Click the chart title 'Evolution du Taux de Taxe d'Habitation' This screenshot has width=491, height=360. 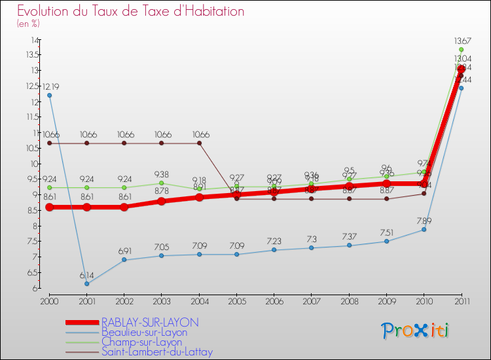[131, 11]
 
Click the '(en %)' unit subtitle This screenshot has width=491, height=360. [28, 24]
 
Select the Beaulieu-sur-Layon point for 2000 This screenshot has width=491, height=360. [49, 96]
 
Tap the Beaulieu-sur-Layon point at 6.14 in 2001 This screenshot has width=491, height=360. [86, 283]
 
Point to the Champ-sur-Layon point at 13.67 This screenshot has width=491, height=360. [461, 50]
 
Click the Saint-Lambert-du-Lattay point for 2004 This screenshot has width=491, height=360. [199, 143]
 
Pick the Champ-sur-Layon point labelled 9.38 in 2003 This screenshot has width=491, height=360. [162, 183]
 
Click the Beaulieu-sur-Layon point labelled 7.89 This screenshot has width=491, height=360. [424, 229]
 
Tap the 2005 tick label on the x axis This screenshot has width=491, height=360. [236, 300]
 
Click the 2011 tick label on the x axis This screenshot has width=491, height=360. [461, 300]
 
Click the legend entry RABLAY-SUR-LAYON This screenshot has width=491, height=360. [150, 323]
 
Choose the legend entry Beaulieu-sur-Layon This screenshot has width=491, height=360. [144, 333]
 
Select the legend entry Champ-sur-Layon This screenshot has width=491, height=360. [141, 342]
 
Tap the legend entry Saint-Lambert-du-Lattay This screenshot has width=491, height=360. [157, 352]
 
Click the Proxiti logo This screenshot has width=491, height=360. [416, 331]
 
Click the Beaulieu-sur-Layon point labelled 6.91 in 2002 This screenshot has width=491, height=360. [124, 260]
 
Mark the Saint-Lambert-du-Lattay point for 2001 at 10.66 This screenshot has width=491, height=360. [86, 143]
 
